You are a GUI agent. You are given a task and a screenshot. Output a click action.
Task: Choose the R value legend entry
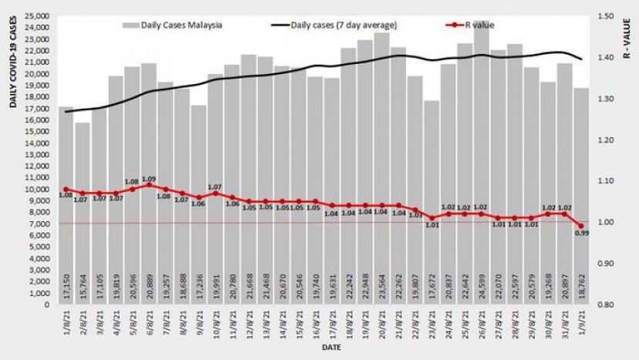pos(478,25)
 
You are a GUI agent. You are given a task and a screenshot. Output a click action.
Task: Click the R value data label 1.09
pos(149,179)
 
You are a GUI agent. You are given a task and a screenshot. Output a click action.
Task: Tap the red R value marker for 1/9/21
pos(580,226)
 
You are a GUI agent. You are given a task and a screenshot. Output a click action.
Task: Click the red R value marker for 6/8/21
pos(149,185)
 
